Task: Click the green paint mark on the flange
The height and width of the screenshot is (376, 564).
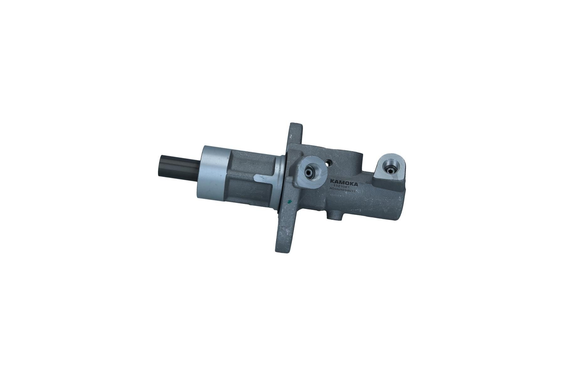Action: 290,201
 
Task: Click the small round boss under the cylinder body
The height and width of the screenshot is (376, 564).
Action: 335,216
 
